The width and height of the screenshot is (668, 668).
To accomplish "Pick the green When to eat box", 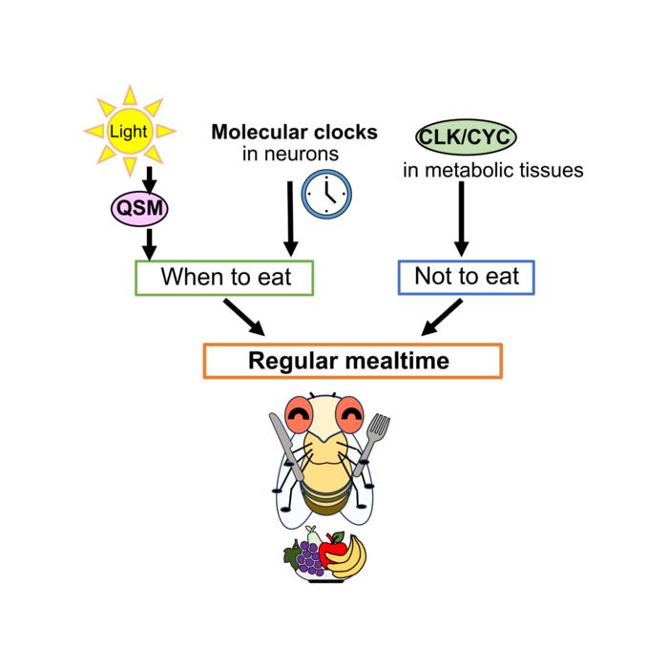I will click(225, 278).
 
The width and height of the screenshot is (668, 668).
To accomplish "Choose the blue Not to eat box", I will click(466, 277).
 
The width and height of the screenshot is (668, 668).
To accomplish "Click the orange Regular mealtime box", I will click(352, 361).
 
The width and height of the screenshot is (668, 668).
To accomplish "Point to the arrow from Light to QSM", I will click(149, 177).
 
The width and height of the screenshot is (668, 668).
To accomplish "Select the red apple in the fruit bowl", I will click(332, 550).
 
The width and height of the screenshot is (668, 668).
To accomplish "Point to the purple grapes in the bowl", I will click(307, 555).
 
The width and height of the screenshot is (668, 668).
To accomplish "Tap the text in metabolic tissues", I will click(491, 171).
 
